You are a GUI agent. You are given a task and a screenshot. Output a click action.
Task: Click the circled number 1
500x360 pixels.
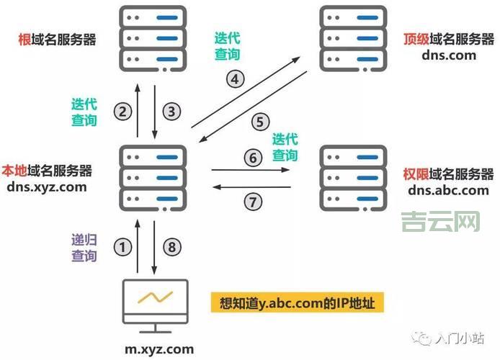click(x=125, y=247)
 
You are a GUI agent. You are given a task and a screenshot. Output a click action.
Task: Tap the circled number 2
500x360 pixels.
click(x=123, y=111)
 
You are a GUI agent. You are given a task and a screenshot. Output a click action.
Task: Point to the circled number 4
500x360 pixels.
click(x=236, y=79)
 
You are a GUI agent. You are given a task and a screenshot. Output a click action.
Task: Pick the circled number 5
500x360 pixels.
click(x=260, y=122)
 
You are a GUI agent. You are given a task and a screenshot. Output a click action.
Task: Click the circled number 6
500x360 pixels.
click(x=251, y=157)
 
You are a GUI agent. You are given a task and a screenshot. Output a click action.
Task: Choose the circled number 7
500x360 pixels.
click(x=251, y=202)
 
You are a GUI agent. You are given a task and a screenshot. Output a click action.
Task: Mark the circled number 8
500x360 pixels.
click(x=171, y=247)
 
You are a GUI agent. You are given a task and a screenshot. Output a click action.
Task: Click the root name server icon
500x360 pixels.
click(x=154, y=37)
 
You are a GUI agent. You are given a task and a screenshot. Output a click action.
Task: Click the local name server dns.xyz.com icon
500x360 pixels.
click(x=154, y=176)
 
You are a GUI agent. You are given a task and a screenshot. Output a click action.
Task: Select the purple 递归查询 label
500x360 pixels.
click(x=84, y=247)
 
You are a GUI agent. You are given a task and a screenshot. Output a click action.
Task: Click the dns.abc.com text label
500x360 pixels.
click(x=448, y=190)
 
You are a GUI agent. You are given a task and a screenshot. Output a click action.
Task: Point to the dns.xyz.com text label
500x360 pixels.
click(x=47, y=186)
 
